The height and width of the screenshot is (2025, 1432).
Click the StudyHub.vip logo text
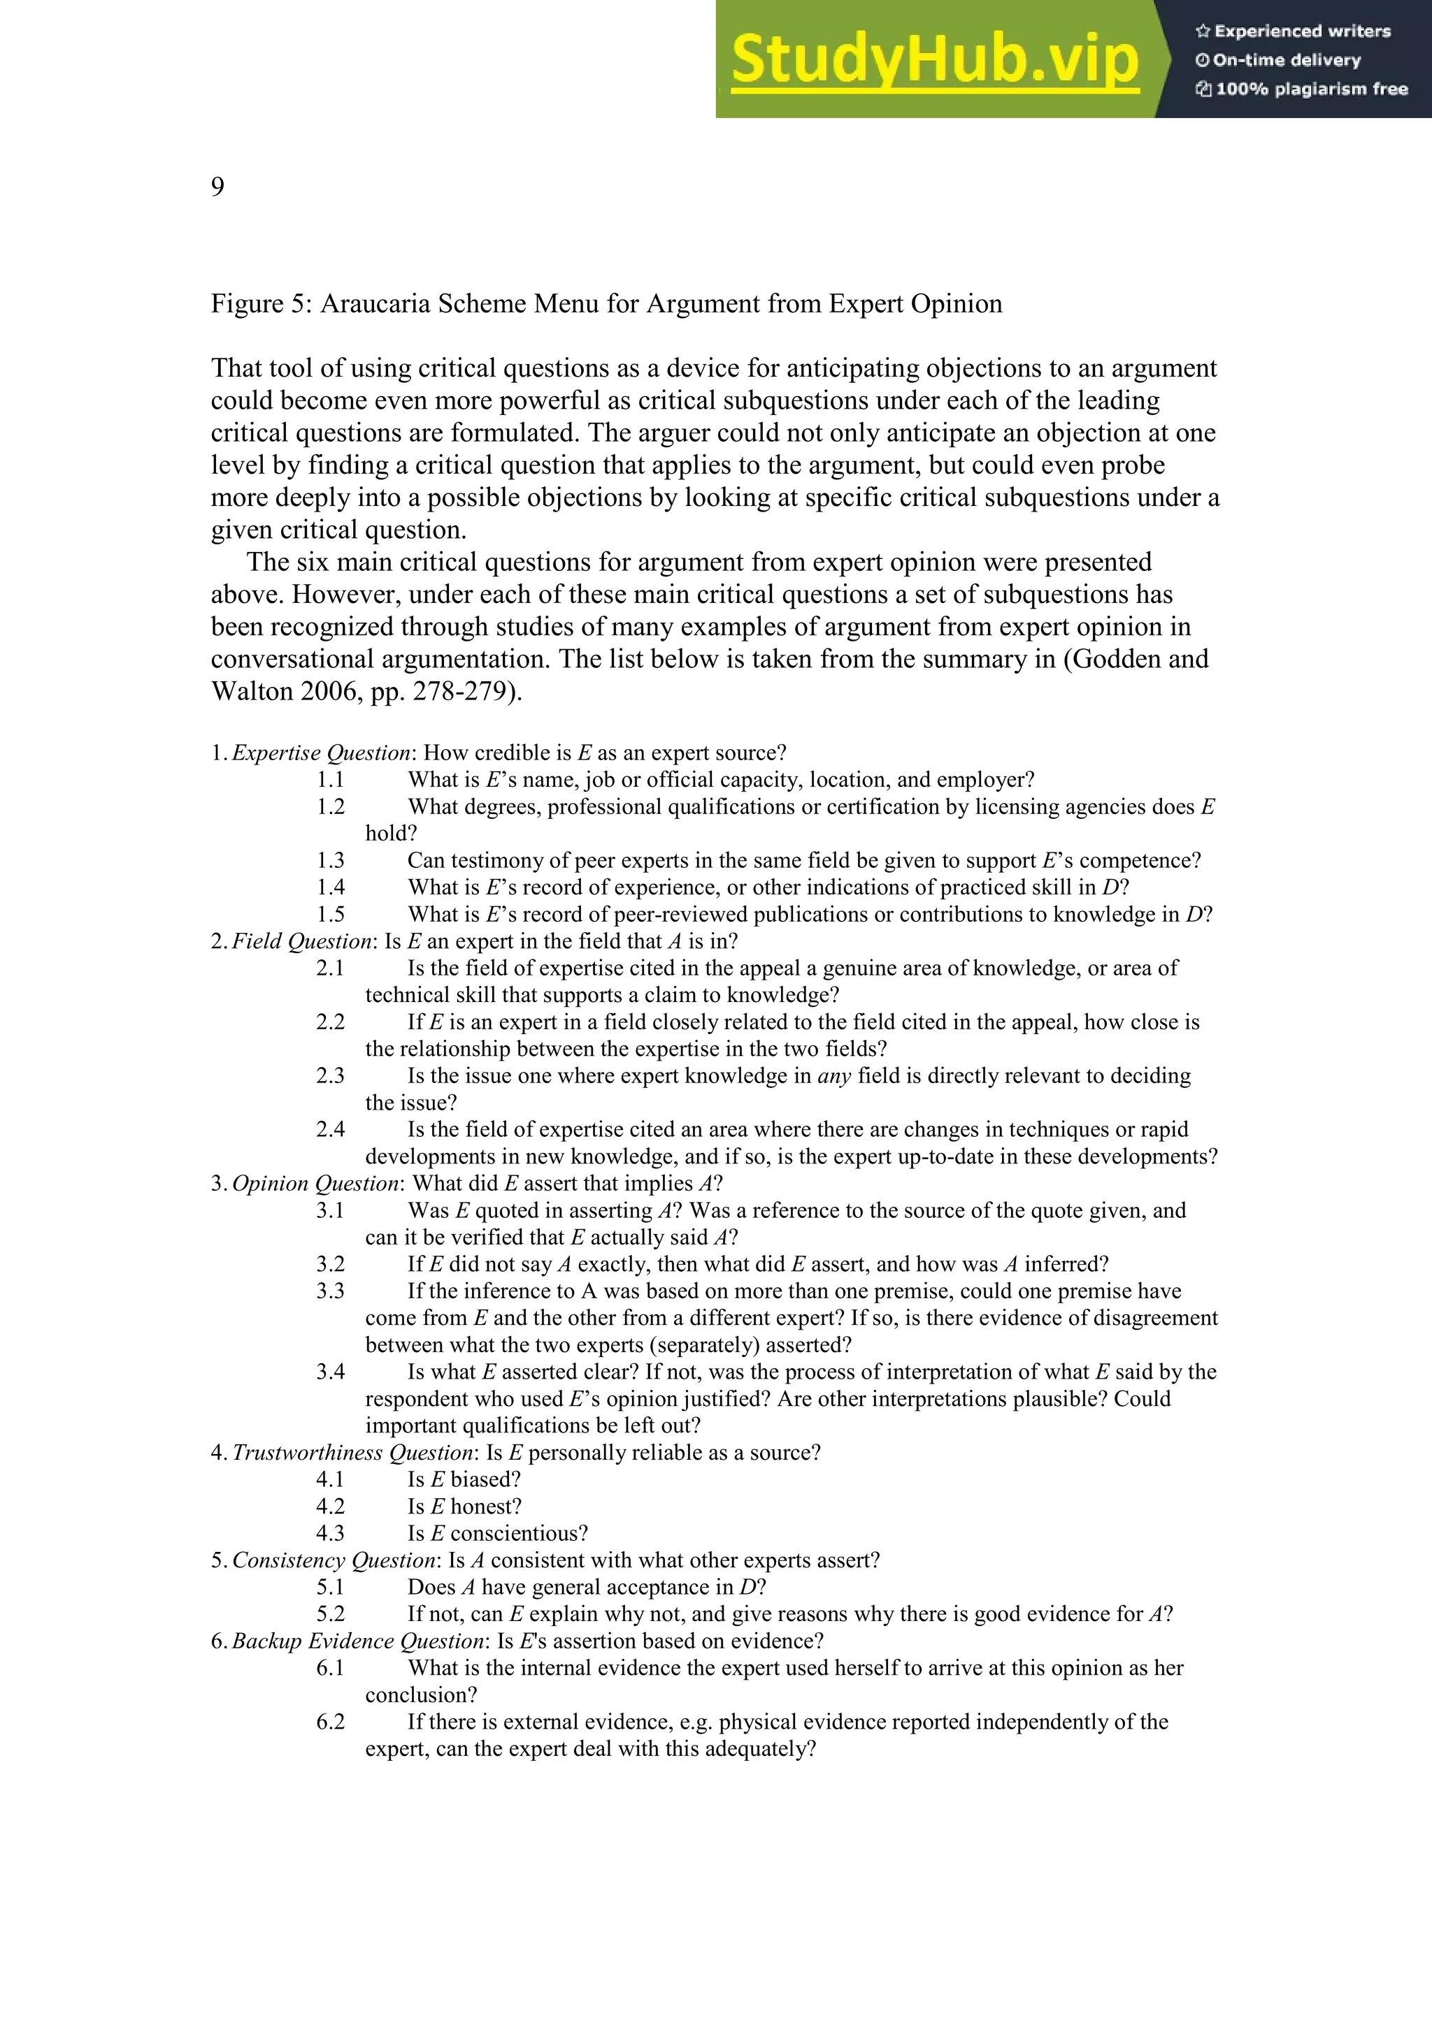(933, 60)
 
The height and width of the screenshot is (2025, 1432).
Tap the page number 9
(217, 187)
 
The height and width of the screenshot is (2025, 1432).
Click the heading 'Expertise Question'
(321, 753)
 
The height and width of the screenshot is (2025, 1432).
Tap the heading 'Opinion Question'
(315, 1184)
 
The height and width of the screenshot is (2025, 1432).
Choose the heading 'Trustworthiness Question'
(352, 1453)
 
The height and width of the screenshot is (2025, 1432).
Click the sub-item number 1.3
(330, 861)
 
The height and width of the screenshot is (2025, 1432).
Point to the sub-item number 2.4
(330, 1130)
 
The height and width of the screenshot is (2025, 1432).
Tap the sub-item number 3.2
(330, 1265)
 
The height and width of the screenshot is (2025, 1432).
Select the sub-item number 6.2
(330, 1722)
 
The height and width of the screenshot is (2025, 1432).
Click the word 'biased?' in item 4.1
(485, 1480)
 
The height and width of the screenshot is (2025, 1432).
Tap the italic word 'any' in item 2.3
(833, 1076)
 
